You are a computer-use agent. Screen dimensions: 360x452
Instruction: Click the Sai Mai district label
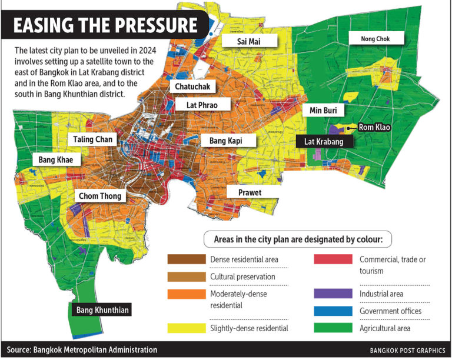[241, 41]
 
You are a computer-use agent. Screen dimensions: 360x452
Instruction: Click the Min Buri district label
[323, 111]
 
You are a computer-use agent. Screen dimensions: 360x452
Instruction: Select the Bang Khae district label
[55, 159]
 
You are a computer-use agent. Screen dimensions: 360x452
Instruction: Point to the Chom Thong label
[99, 196]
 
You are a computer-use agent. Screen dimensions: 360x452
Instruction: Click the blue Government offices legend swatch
[334, 311]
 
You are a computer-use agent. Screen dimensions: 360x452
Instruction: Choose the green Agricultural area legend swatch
[334, 328]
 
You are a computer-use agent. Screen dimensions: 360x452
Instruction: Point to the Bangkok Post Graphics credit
[407, 350]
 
